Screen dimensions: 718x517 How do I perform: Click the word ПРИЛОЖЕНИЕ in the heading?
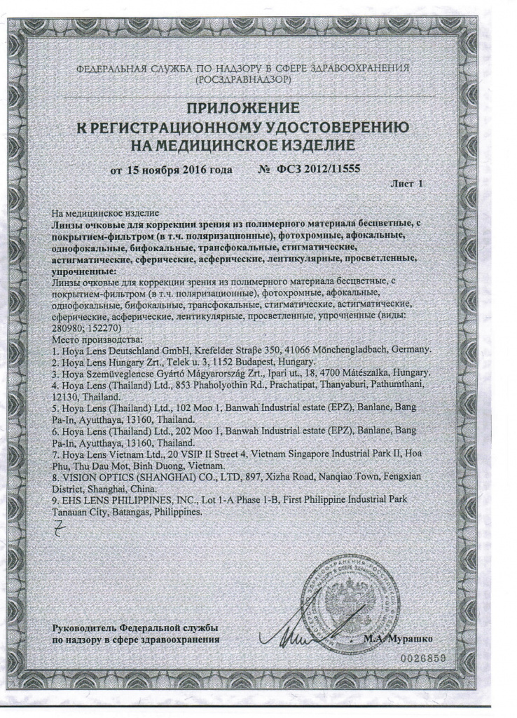point(243,108)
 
